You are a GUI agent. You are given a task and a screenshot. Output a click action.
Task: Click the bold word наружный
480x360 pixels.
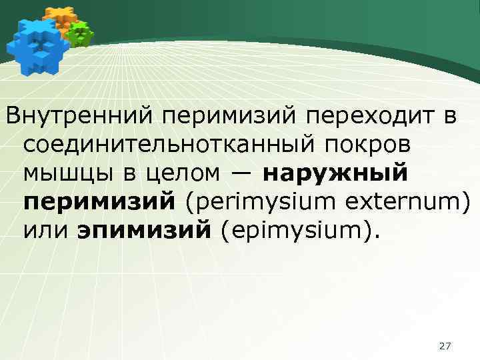[x=335, y=173]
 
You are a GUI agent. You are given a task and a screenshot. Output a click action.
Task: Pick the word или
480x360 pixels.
[x=45, y=230]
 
